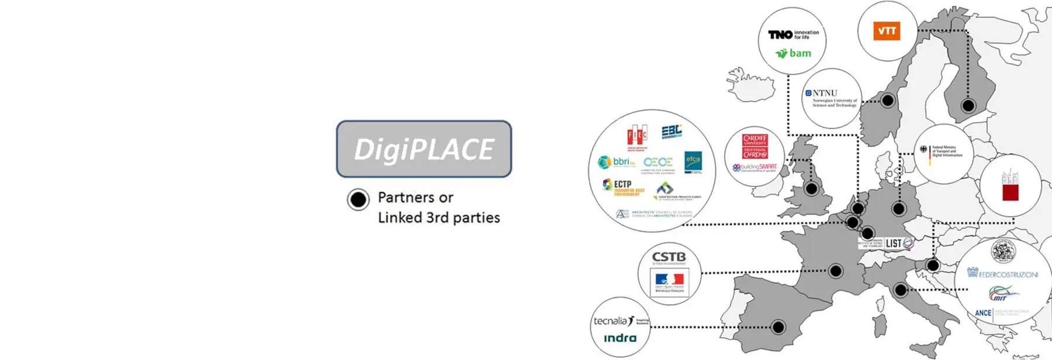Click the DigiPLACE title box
[424, 149]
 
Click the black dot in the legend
[358, 199]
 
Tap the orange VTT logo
[887, 31]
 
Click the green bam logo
[794, 53]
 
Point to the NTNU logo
[831, 98]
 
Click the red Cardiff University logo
[755, 146]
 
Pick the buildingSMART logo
[755, 168]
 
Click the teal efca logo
[693, 162]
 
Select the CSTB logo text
[669, 257]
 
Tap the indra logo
[620, 338]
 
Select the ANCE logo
[983, 313]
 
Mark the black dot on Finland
[968, 106]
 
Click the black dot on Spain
[778, 327]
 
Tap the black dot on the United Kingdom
[811, 188]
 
